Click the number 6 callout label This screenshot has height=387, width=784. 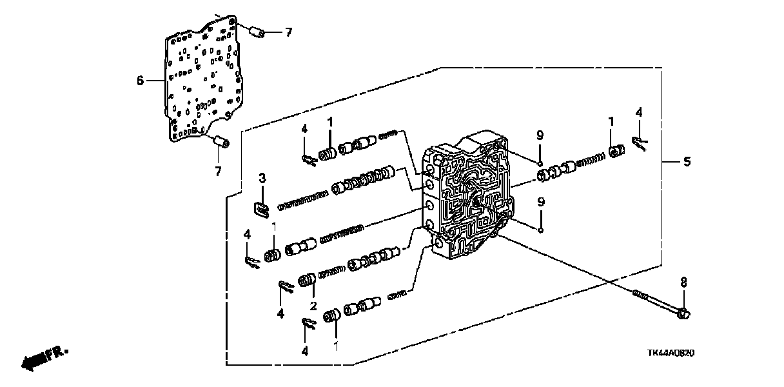(x=140, y=81)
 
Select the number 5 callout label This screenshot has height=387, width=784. (x=687, y=162)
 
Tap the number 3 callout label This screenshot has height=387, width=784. (x=262, y=178)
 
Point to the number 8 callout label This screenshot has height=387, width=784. (x=684, y=282)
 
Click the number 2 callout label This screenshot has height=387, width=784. (x=313, y=305)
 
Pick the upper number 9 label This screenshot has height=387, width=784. (x=540, y=135)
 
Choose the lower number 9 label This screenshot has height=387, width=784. (x=540, y=202)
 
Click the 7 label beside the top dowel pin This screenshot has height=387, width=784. (x=288, y=32)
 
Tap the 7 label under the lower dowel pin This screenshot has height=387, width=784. (x=217, y=171)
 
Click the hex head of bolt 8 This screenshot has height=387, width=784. (x=684, y=314)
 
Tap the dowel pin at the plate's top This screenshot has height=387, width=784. (x=257, y=31)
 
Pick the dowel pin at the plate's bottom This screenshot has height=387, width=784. (x=222, y=141)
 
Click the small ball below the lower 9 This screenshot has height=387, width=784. (x=541, y=230)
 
